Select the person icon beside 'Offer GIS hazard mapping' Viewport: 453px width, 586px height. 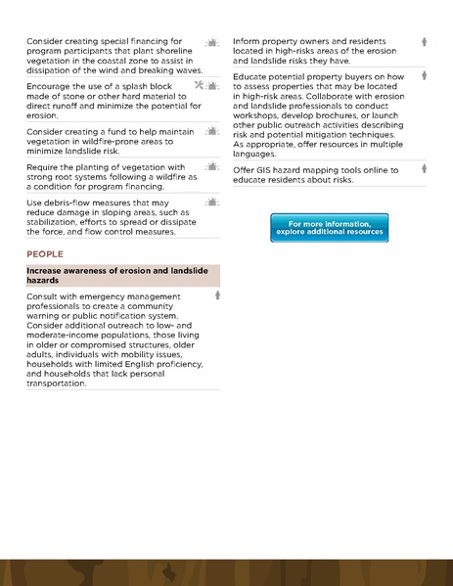425,169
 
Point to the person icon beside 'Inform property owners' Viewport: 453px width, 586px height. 425,42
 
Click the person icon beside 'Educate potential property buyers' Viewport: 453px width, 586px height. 425,75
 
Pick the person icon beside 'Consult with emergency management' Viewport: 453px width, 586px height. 217,294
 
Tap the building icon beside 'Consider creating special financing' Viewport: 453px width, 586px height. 211,43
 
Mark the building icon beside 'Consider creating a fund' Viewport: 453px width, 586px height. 211,130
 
